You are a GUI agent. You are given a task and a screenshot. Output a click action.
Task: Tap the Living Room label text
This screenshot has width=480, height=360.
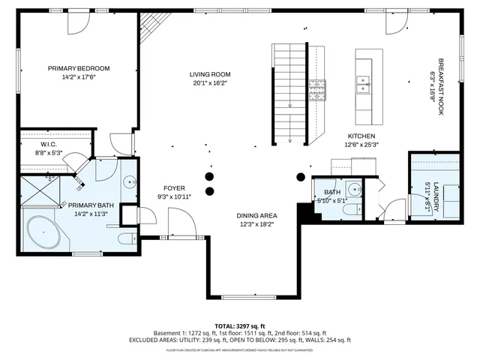[209, 74]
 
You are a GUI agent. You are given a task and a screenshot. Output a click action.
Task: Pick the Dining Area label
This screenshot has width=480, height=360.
[256, 214]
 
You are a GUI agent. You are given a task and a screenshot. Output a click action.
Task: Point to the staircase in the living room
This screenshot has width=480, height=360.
[290, 94]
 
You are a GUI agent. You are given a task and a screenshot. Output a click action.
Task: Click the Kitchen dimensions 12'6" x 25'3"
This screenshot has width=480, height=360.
[361, 145]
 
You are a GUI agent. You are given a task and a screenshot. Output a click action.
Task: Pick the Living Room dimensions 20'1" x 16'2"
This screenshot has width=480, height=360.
[209, 84]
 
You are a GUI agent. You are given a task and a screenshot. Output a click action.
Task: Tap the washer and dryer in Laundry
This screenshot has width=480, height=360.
[443, 192]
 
